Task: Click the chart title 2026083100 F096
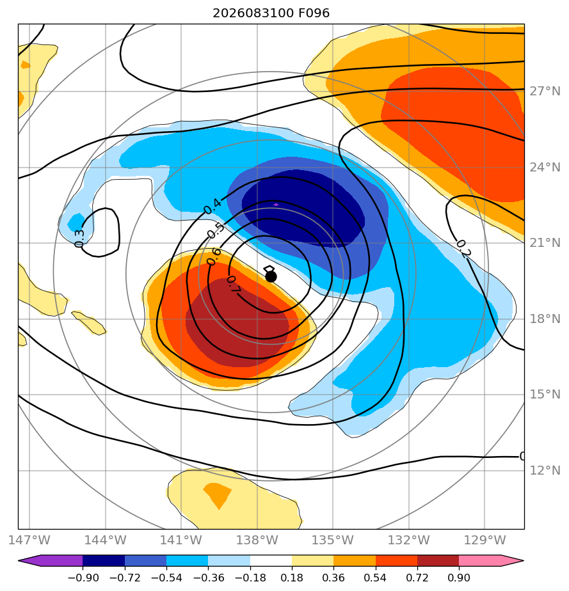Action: (271, 13)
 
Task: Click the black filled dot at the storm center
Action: (271, 277)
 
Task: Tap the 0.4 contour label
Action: (213, 206)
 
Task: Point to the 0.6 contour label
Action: (214, 256)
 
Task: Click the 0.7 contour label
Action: (234, 284)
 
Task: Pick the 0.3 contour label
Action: (79, 238)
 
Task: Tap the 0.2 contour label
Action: (463, 249)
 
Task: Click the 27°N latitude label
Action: (545, 91)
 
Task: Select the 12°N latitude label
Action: (545, 470)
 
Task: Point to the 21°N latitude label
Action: (545, 243)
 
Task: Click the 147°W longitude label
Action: (29, 540)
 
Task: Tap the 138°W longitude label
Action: (257, 540)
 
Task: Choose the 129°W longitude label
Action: (485, 540)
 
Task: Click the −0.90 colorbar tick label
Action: (83, 578)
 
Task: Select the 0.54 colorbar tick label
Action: (375, 578)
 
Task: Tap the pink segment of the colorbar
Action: (479, 560)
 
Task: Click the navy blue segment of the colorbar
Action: (104, 560)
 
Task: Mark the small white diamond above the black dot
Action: (269, 269)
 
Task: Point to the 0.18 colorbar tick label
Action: (292, 578)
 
